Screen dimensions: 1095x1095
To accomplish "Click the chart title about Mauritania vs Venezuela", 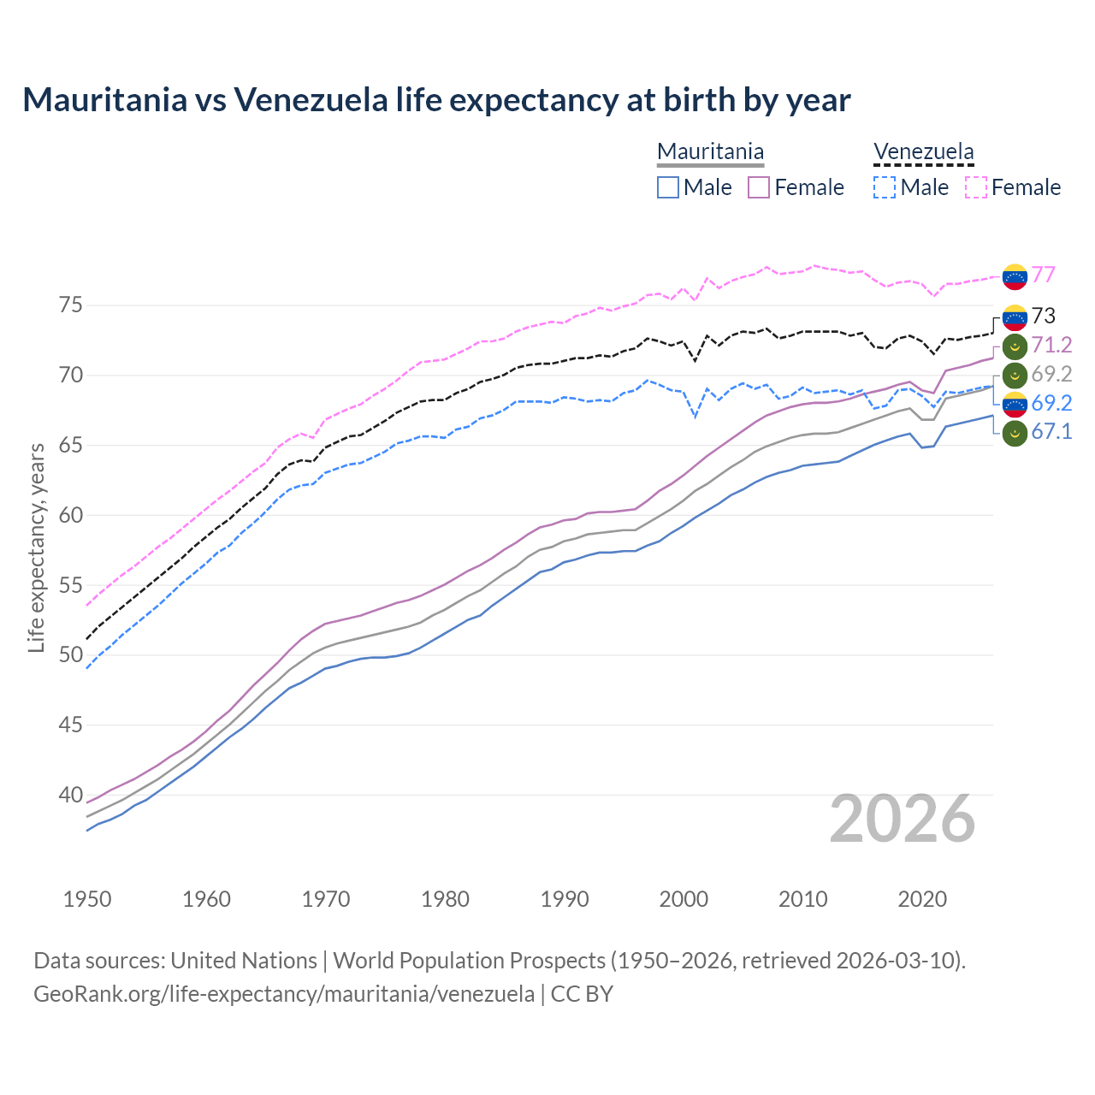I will click(436, 100).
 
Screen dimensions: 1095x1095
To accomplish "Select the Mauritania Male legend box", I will click(668, 187).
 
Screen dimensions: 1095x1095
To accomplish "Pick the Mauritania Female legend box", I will click(759, 187).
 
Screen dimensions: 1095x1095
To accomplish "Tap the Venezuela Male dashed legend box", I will click(885, 187).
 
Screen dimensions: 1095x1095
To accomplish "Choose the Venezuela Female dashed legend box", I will click(975, 187).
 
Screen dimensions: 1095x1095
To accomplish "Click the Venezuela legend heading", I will click(923, 152).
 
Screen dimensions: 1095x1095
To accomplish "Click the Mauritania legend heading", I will click(710, 152).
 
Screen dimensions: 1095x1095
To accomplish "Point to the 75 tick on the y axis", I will click(71, 305).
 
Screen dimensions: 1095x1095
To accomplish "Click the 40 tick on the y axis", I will click(71, 796).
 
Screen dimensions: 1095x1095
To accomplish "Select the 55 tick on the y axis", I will click(71, 585).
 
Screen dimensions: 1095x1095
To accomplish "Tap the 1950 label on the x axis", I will click(87, 899).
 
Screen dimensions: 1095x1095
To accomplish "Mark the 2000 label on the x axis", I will click(684, 899).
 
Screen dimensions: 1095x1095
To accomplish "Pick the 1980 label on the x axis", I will click(445, 899).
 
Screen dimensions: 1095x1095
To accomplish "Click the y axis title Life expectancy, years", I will click(37, 547).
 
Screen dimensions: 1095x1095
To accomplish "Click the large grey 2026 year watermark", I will click(903, 819).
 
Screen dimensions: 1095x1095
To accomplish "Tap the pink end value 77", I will click(1043, 275).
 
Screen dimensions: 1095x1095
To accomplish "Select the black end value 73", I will click(1043, 317).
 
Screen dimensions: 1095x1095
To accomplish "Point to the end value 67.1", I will click(1051, 431).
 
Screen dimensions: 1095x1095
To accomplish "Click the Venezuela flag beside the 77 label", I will click(1015, 276).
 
